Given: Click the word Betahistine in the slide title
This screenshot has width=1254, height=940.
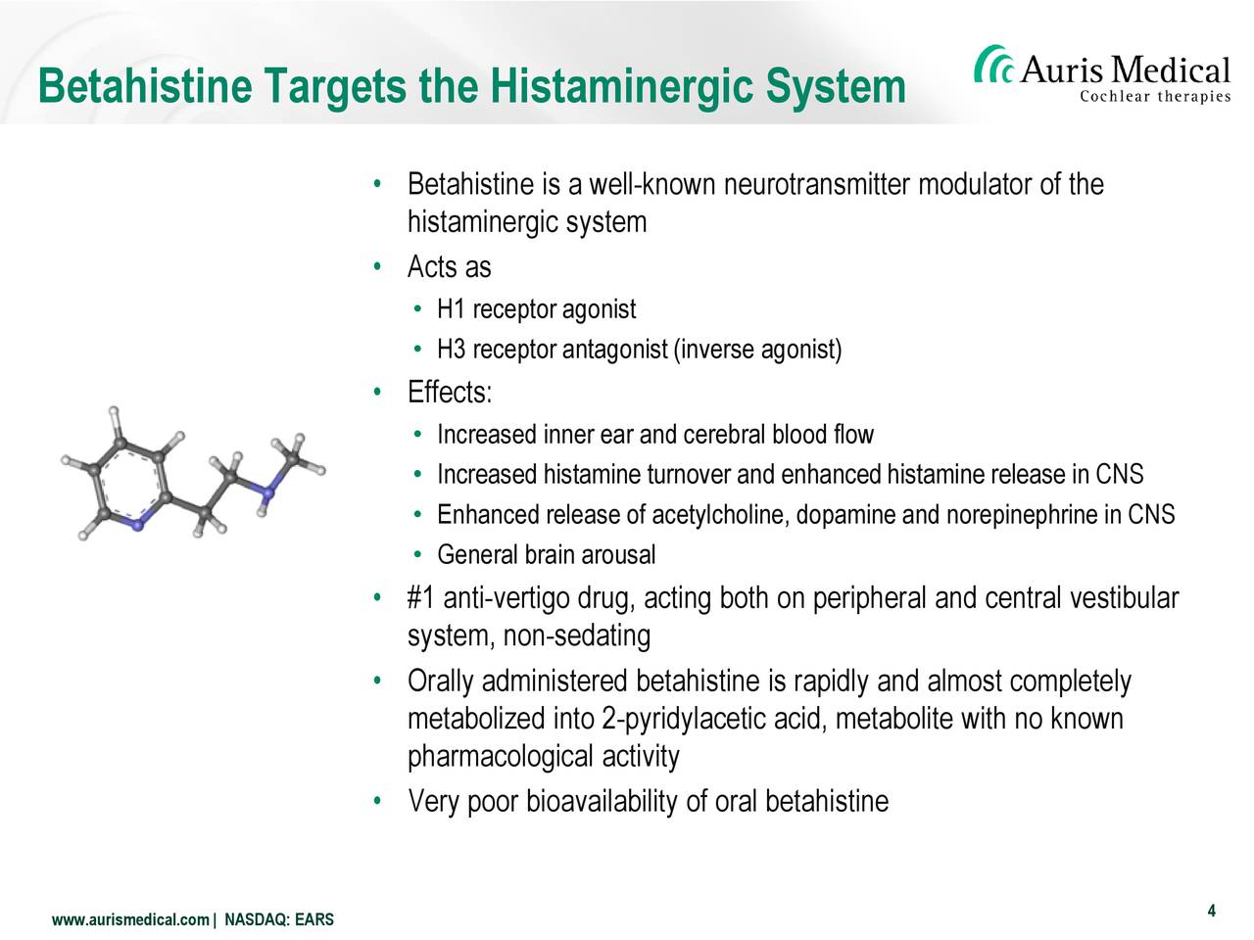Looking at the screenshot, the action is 145,85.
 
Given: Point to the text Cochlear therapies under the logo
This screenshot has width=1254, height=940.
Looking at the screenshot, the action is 1155,97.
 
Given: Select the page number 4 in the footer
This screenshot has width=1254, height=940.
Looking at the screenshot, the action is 1211,911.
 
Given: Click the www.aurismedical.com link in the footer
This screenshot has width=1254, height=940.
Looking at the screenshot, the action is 130,919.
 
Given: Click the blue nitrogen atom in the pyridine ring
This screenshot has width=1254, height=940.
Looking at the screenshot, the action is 137,525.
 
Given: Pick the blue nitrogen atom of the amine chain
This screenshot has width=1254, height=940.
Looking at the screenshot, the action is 266,492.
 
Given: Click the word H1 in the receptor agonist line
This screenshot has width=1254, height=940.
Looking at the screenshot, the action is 452,309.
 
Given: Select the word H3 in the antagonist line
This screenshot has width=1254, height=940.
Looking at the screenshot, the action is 452,350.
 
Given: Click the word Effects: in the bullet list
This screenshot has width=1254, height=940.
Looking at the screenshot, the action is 450,392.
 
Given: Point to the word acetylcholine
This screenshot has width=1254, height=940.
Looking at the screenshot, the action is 720,515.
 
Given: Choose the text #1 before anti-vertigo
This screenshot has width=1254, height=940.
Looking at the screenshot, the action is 421,598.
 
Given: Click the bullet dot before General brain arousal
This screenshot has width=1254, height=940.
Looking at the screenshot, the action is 418,554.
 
